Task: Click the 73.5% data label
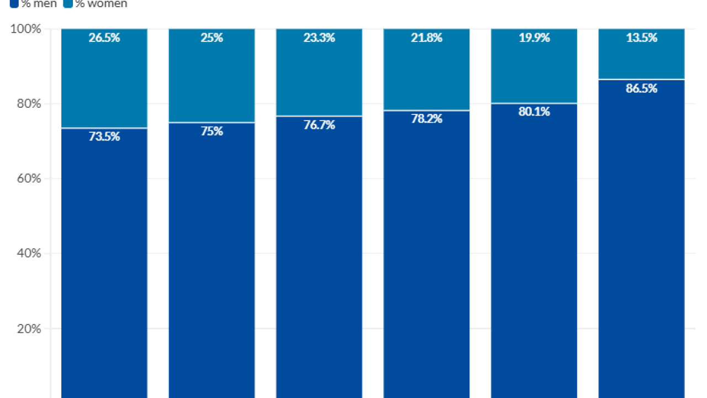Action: (104, 137)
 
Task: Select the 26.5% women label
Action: (104, 38)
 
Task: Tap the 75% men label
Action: (212, 131)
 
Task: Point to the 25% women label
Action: (212, 38)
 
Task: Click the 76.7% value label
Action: (319, 125)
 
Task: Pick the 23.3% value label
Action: (319, 38)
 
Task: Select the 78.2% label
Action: (426, 119)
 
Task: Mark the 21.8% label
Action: (426, 38)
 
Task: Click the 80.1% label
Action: (534, 112)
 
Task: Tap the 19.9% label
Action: (534, 38)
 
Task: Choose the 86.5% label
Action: (641, 88)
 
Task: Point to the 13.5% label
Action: (641, 38)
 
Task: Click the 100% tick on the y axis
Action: (26, 29)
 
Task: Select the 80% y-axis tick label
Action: (28, 104)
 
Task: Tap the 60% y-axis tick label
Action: (28, 179)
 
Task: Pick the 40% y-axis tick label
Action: (28, 253)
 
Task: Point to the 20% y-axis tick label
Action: (28, 328)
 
